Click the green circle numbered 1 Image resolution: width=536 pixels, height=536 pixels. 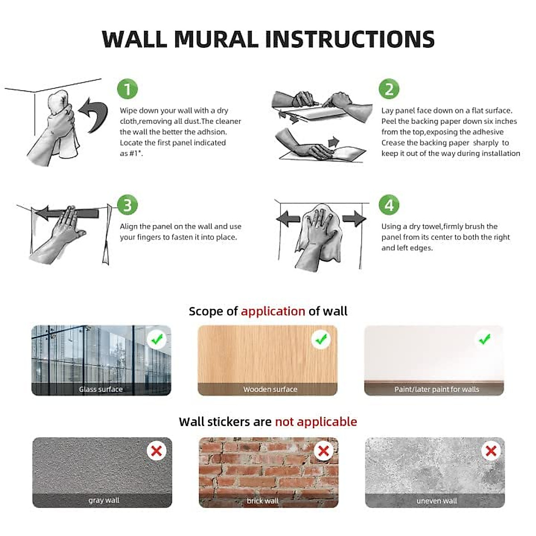coord(127,89)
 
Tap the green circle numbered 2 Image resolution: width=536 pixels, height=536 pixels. coord(389,89)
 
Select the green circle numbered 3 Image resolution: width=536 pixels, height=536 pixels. coord(127,205)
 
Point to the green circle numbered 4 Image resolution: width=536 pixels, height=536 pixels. coord(389,205)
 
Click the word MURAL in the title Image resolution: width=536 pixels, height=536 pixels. coord(216,39)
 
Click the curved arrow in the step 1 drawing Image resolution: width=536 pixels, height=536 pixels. coord(96,115)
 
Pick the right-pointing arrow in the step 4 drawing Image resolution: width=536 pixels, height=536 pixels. coord(354,218)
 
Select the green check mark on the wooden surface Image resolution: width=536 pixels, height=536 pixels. coord(321,339)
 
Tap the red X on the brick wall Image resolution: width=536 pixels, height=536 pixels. coord(323,451)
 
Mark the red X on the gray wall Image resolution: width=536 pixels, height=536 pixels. coord(156,451)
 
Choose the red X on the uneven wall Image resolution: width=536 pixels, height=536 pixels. coord(491,451)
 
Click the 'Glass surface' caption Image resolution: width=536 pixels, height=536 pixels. coord(100,389)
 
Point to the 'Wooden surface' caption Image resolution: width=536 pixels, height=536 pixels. coord(270,389)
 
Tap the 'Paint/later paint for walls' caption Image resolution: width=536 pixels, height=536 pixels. coord(437,389)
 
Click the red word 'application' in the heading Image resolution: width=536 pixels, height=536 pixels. coord(273,311)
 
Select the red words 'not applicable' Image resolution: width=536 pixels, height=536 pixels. coord(316,422)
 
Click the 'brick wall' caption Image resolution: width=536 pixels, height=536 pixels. coord(263,501)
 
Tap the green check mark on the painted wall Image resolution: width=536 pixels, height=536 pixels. coord(485,339)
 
